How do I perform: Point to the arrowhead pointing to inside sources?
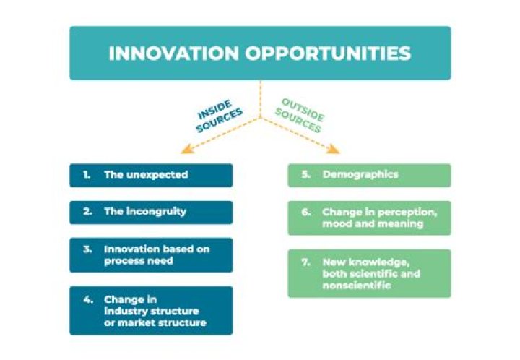(x=184, y=151)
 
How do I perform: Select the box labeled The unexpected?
(x=151, y=175)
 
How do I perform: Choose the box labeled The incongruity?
(x=151, y=212)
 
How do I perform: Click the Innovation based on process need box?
(x=151, y=254)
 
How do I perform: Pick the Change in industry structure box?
(x=151, y=310)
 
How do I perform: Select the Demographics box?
(x=369, y=175)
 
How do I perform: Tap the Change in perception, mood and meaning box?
(x=369, y=218)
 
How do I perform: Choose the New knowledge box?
(x=369, y=273)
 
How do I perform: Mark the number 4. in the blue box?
(x=87, y=299)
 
